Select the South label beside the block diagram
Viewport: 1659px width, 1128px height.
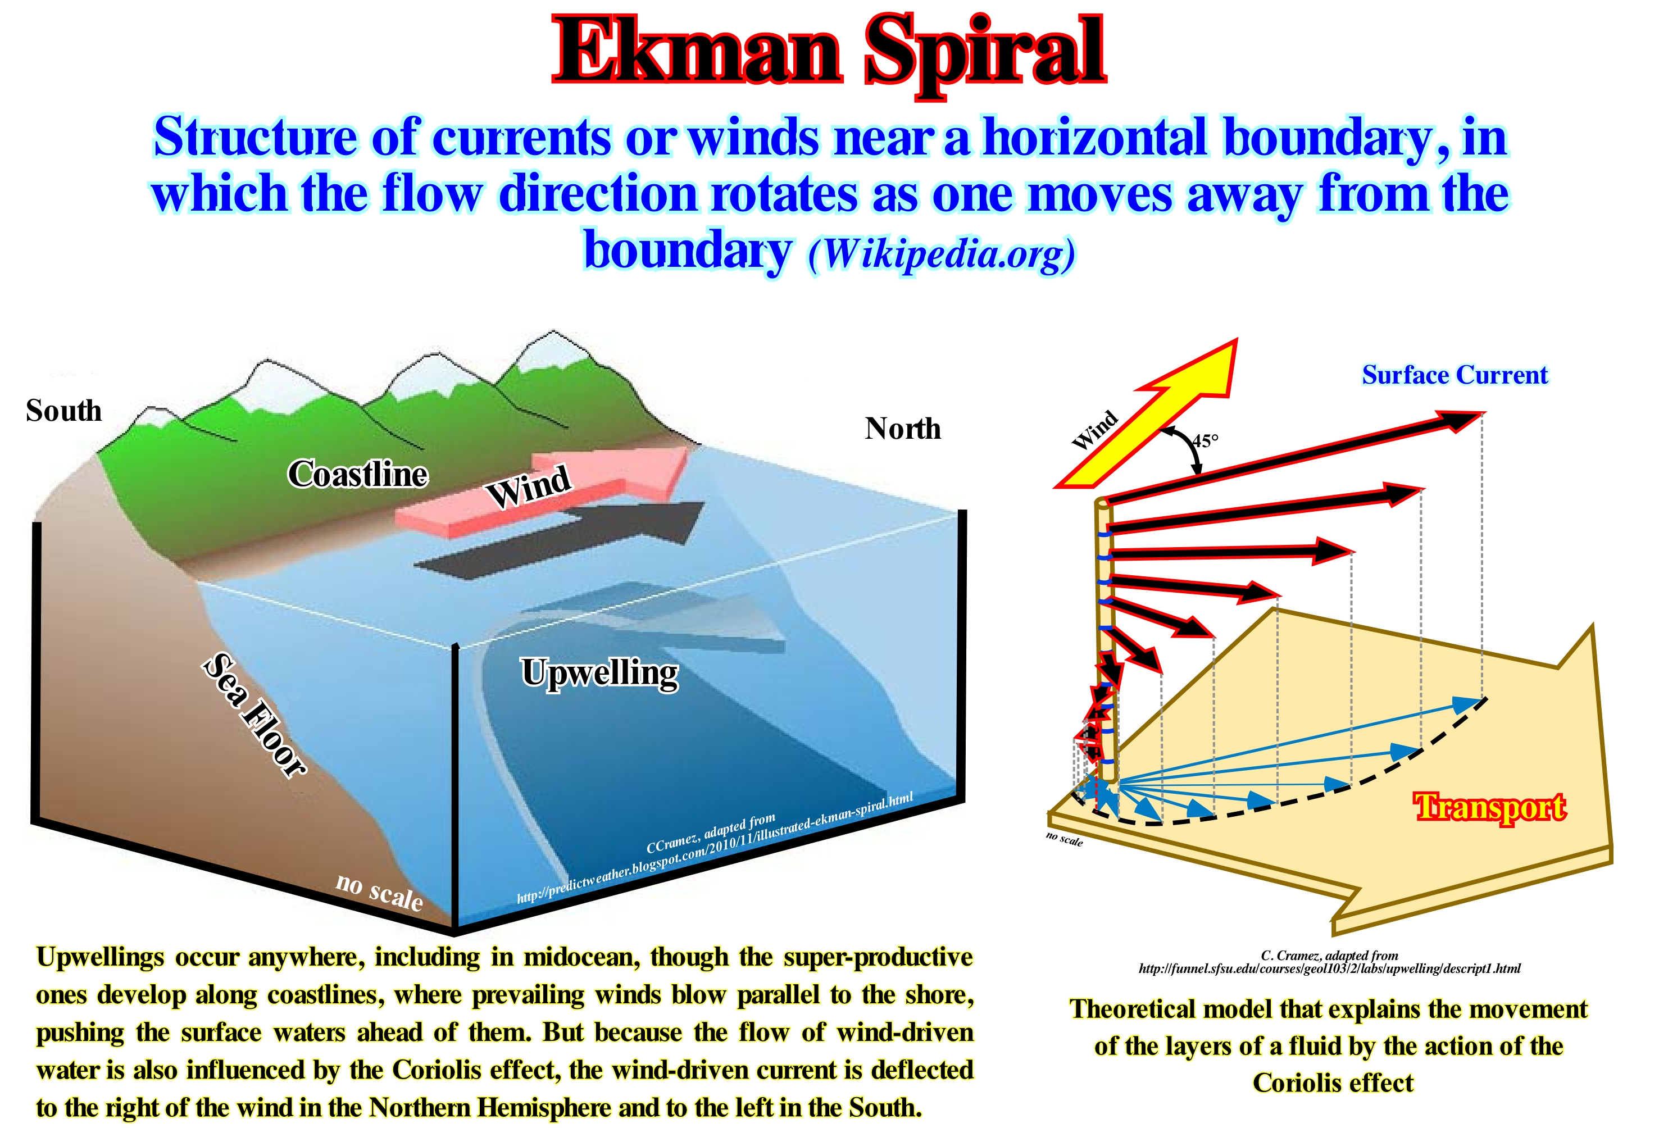(63, 411)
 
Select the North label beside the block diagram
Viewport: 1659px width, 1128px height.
(903, 429)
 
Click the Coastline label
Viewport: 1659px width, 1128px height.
(358, 474)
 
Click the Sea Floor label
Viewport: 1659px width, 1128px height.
(255, 714)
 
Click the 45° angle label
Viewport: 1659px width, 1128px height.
(1205, 440)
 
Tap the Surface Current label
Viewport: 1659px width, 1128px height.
(1455, 375)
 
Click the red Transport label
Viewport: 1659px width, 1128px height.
(1490, 807)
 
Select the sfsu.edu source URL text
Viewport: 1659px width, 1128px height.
(1329, 969)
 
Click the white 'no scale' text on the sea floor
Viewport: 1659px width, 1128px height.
(379, 892)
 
